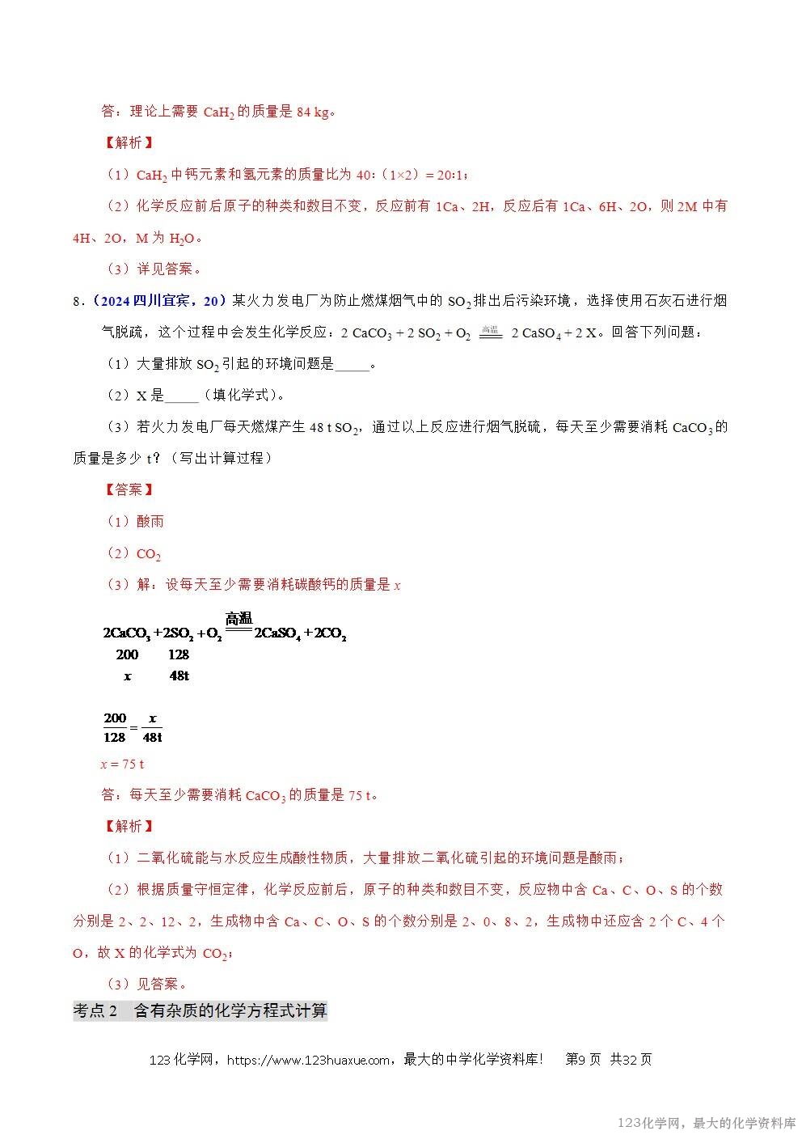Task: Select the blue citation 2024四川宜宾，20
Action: (156, 301)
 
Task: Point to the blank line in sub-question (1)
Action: (352, 365)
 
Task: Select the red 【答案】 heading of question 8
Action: (129, 489)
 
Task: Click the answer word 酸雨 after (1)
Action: (150, 522)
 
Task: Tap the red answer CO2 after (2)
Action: (149, 554)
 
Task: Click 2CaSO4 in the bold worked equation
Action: (277, 634)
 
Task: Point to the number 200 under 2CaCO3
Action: (127, 654)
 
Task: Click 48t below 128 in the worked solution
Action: (179, 675)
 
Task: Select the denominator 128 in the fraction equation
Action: (115, 737)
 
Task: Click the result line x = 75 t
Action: (122, 764)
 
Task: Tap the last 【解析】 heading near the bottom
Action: (129, 826)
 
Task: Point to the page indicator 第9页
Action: (583, 1060)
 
